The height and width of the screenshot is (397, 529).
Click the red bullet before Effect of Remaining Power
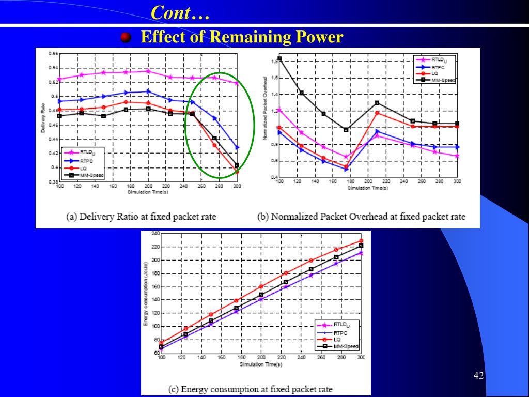click(x=126, y=37)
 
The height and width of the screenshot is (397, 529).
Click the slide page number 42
click(x=478, y=375)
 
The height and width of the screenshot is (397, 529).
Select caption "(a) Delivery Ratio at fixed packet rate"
click(x=141, y=217)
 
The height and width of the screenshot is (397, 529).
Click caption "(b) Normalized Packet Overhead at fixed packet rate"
click(x=361, y=217)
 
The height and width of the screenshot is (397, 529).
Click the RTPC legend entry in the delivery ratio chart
click(x=83, y=161)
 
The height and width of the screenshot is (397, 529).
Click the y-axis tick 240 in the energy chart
click(x=155, y=234)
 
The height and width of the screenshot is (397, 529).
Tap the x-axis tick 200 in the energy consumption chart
click(x=261, y=358)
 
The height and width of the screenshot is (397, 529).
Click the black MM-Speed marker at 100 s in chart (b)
click(x=279, y=59)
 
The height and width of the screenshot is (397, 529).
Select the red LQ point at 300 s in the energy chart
click(x=361, y=241)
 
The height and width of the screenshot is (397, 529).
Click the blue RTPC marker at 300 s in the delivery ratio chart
click(x=237, y=147)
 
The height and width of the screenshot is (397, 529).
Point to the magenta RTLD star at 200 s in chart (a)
click(x=148, y=71)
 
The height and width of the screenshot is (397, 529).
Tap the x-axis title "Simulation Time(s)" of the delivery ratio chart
click(x=148, y=192)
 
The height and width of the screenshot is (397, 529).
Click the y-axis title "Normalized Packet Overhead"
click(x=266, y=108)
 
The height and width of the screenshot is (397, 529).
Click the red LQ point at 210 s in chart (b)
click(x=377, y=113)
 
